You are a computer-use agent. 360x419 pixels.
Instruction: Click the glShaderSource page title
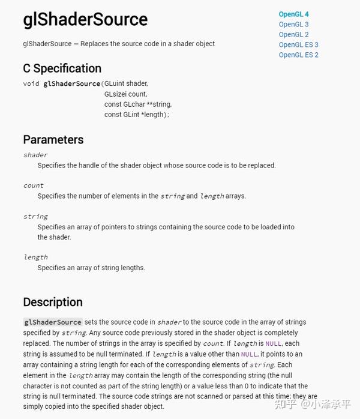point(85,20)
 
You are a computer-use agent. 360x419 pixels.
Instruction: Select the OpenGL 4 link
point(293,14)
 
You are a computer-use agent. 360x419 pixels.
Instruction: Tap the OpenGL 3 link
point(293,25)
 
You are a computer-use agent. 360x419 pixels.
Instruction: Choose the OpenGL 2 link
point(293,35)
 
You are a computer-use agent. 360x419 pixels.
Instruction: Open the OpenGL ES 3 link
point(298,45)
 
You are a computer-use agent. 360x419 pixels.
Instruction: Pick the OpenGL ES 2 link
point(298,55)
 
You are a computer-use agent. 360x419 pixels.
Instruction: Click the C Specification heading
point(62,68)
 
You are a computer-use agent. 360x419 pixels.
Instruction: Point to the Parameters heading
point(53,140)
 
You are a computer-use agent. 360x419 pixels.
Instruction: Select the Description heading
point(53,302)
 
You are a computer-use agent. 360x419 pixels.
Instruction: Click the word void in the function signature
point(31,83)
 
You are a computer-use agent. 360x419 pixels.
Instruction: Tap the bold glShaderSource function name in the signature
point(71,83)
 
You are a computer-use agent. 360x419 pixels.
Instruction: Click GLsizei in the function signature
point(117,94)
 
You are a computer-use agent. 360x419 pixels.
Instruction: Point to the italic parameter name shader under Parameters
point(35,155)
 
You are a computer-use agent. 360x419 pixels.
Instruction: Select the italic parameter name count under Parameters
point(34,185)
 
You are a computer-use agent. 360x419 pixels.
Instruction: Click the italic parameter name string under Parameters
point(35,216)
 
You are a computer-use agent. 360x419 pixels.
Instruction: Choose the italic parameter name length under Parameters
point(35,258)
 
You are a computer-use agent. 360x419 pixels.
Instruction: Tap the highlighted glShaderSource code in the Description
point(53,322)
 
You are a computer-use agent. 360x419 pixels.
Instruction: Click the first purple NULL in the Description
point(273,343)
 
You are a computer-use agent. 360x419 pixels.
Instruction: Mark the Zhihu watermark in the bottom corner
point(313,405)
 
